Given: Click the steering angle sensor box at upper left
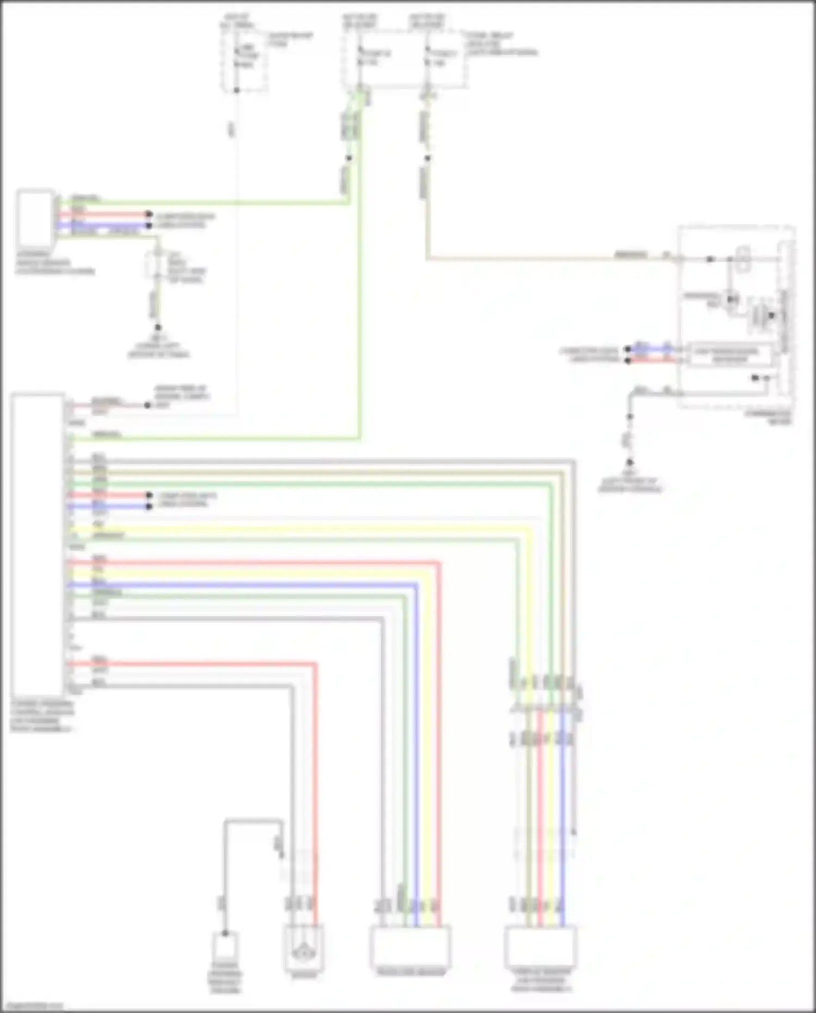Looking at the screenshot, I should pos(36,218).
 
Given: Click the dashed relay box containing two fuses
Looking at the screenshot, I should pos(404,59).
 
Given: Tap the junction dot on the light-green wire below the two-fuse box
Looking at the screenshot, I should pos(349,158).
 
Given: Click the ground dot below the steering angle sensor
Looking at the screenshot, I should pos(158,328).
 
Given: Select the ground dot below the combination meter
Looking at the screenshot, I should pos(629,463).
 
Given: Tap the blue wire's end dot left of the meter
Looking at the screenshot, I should pos(628,349).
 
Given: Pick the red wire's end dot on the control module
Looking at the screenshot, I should pos(149,495).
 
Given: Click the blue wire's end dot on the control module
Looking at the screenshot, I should pos(149,506).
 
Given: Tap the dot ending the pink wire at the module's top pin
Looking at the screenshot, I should pos(147,405).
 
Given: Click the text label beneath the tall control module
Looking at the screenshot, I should pos(42,716).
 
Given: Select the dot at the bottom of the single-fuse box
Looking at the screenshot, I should pos(237,90).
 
